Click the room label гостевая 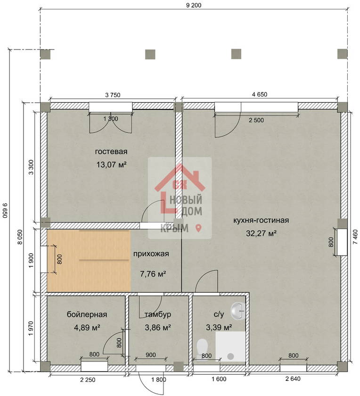tap(111, 151)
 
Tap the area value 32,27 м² tap(261, 233)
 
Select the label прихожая tap(151, 254)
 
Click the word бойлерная tap(87, 314)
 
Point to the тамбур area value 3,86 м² tap(158, 328)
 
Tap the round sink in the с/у tap(238, 310)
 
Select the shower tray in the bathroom tap(230, 346)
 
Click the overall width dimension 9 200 tap(194, 5)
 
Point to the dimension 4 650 tap(260, 94)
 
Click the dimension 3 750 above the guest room tap(113, 95)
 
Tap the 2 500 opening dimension tap(256, 120)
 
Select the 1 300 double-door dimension tap(111, 118)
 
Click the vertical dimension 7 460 tap(355, 237)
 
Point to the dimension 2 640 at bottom tap(293, 379)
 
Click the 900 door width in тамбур tap(151, 355)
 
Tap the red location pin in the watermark tap(199, 228)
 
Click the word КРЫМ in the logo tap(174, 228)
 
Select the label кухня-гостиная tap(261, 220)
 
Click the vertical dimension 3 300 tap(31, 167)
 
